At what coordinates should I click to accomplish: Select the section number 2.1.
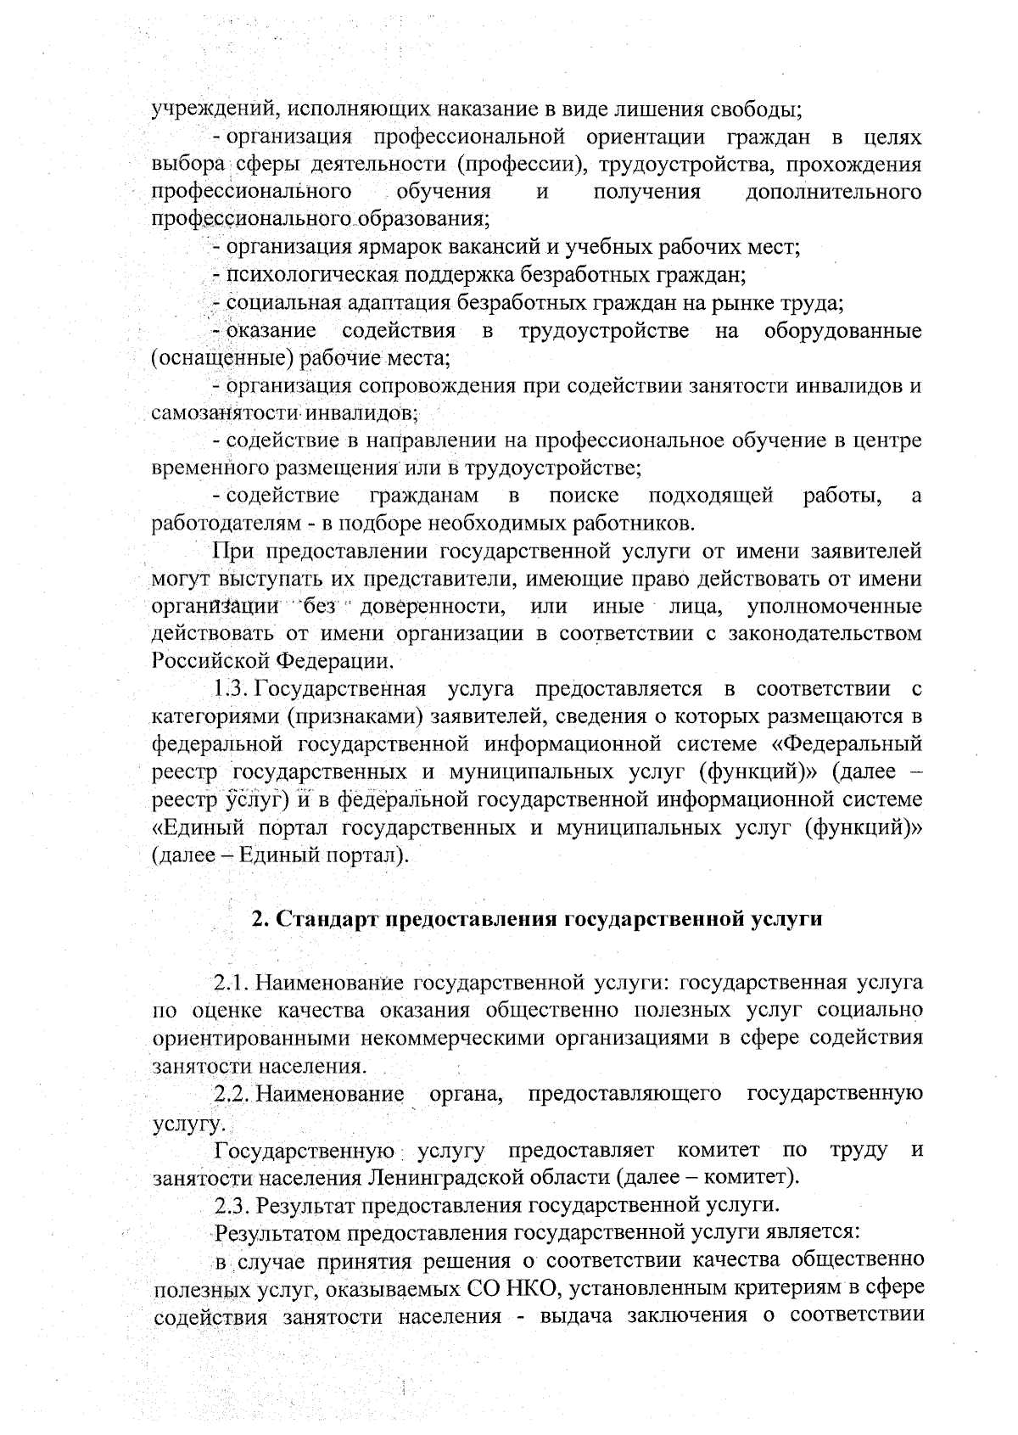[231, 984]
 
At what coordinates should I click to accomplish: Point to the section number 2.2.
[231, 1094]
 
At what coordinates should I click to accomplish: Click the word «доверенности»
[431, 606]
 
